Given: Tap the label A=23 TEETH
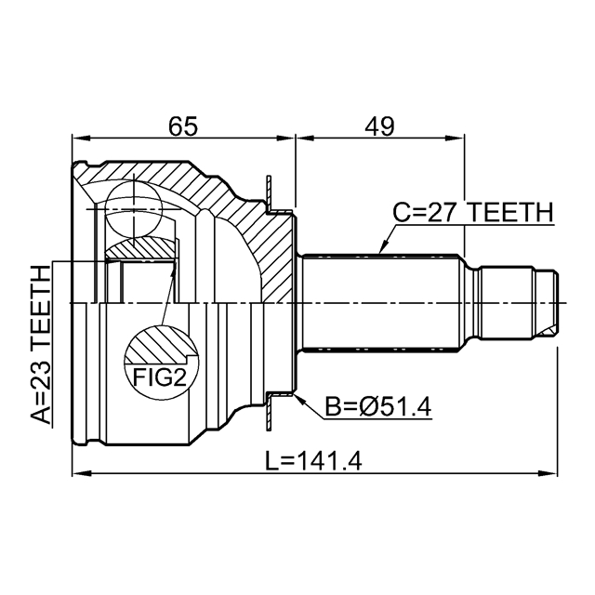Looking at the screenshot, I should tap(40, 344).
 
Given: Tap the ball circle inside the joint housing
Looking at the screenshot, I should tap(134, 205).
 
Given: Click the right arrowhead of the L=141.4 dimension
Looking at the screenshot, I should tap(552, 474).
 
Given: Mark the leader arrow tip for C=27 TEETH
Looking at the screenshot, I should tap(381, 251).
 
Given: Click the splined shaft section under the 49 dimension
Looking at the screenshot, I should tap(381, 302).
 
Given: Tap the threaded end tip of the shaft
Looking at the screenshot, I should tap(552, 302).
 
